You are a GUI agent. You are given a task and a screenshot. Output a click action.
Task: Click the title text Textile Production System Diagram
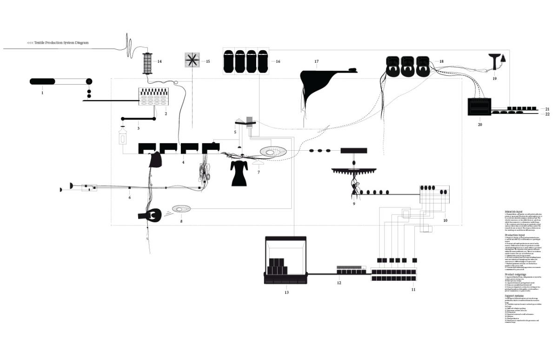tap(58, 43)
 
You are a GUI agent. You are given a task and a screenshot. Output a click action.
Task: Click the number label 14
tap(159, 61)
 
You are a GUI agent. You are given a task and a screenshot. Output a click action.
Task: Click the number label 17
tap(316, 61)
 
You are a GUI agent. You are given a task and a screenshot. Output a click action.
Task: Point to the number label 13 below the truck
tap(286, 292)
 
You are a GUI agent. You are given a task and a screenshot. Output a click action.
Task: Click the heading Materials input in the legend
tap(513, 211)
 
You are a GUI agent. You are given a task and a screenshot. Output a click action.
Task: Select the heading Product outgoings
tap(515, 274)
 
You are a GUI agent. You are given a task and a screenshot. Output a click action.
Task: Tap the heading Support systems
tap(514, 295)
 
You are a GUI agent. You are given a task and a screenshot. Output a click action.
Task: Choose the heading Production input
tap(515, 235)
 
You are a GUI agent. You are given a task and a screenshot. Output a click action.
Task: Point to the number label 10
tap(445, 220)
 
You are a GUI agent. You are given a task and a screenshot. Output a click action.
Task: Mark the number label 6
tap(130, 198)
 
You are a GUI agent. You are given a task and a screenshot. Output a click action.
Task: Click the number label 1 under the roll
tap(42, 93)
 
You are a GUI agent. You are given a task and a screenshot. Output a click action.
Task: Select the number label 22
tap(547, 114)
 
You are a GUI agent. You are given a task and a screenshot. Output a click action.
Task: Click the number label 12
tap(339, 283)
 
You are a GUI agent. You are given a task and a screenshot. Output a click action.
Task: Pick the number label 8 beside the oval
tap(181, 221)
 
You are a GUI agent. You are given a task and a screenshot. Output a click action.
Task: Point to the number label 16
tap(278, 61)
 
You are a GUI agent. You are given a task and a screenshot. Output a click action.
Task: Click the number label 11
tap(413, 289)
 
